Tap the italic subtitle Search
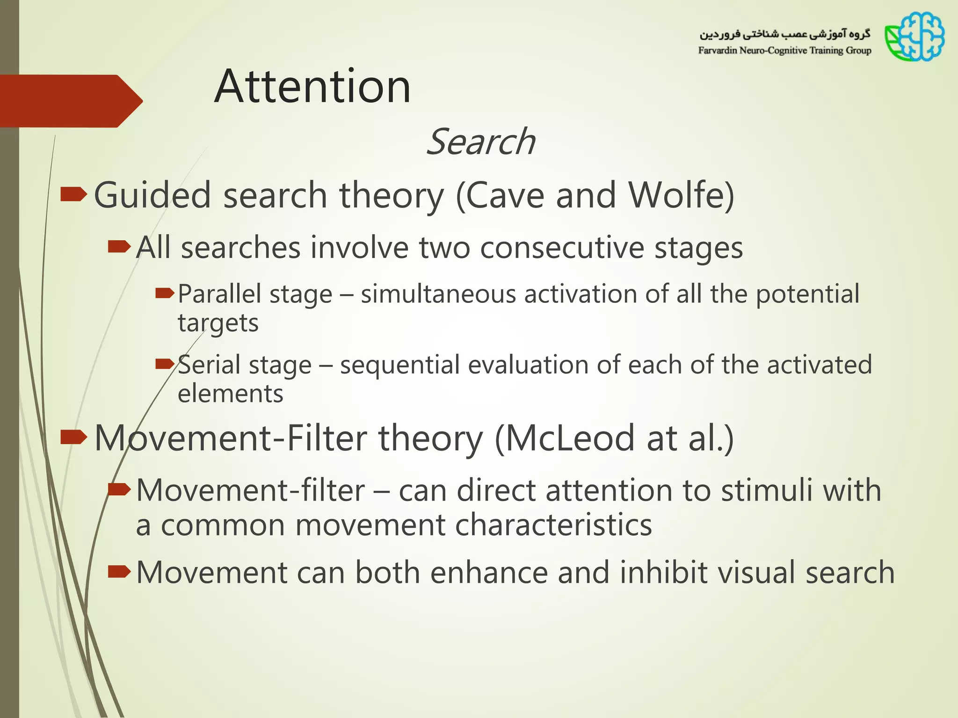(480, 142)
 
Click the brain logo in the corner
(915, 37)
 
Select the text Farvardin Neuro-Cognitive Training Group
(784, 50)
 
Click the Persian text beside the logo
(784, 34)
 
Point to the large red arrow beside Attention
(70, 101)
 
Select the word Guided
(152, 195)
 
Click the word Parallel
(219, 294)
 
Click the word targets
(218, 323)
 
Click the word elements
(230, 394)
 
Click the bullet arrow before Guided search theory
(73, 194)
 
